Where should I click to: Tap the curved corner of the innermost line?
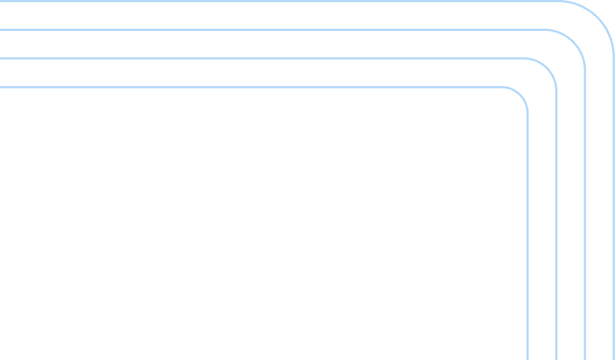click(x=520, y=93)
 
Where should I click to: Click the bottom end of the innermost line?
click(x=527, y=358)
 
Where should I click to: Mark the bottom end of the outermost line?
click(x=614, y=358)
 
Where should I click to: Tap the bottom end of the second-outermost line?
click(x=585, y=358)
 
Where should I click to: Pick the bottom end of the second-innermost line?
click(x=556, y=358)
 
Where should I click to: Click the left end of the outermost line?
click(x=1, y=1)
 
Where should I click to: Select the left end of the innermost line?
click(x=1, y=87)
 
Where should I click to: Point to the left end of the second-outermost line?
click(x=1, y=30)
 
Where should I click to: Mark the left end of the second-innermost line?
click(x=1, y=58)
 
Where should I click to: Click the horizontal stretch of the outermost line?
click(x=281, y=1)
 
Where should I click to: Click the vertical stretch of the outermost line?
click(x=614, y=211)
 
